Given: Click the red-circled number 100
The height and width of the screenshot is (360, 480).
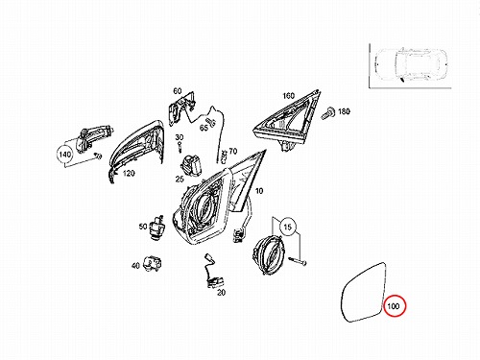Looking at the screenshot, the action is point(394,306).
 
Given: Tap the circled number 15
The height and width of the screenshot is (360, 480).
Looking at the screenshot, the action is point(288,227).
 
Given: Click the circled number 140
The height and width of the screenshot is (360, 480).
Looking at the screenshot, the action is point(64,155).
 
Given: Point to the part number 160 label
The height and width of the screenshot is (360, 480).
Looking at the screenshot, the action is point(288,96).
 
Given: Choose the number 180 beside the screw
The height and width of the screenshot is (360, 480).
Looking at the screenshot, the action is point(344,111).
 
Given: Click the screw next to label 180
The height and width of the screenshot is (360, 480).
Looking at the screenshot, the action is point(328,112).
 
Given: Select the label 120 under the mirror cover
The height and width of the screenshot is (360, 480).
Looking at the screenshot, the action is point(129,174).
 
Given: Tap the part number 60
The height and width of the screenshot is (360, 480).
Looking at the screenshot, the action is point(178,91).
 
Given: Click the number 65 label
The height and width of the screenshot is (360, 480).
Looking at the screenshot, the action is point(204,128).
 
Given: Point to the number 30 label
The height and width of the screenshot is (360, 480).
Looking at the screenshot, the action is point(180,137).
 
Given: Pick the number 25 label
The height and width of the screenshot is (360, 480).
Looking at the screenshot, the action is point(180,180).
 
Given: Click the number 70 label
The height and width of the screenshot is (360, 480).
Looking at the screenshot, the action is point(233,151).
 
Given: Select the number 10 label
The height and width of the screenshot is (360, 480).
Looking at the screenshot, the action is point(259,191).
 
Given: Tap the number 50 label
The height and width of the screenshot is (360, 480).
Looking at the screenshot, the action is point(143,227).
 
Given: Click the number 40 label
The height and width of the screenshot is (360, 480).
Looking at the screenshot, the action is point(135,265).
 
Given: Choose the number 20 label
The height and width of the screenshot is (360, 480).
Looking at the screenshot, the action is point(221,292).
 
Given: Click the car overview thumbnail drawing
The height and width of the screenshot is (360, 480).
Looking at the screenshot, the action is point(410,65).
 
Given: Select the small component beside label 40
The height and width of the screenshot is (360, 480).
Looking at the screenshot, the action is point(153,263).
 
